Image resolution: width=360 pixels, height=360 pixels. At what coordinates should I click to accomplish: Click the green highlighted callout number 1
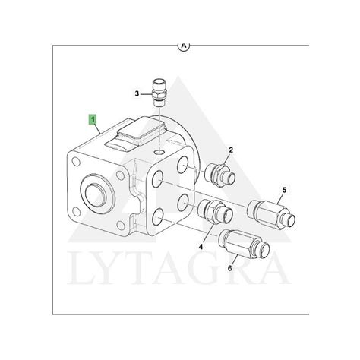pos(93,119)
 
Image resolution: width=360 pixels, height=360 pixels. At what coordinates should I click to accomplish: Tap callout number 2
pos(231,150)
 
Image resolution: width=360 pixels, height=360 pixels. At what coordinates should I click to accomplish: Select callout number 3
pos(137,94)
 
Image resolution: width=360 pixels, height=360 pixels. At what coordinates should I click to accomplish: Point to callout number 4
pos(201,246)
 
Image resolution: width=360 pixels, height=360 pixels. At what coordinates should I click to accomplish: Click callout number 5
pos(284,190)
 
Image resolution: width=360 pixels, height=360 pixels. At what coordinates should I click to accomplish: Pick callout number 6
pos(229,268)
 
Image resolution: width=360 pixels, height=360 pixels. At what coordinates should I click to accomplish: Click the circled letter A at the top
pos(184,46)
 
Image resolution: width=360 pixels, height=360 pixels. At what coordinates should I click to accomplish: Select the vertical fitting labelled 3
pos(158,93)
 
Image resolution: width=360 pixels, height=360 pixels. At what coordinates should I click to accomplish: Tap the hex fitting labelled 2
pos(219,175)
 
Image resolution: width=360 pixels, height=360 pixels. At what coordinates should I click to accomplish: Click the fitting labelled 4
pos(215,211)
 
